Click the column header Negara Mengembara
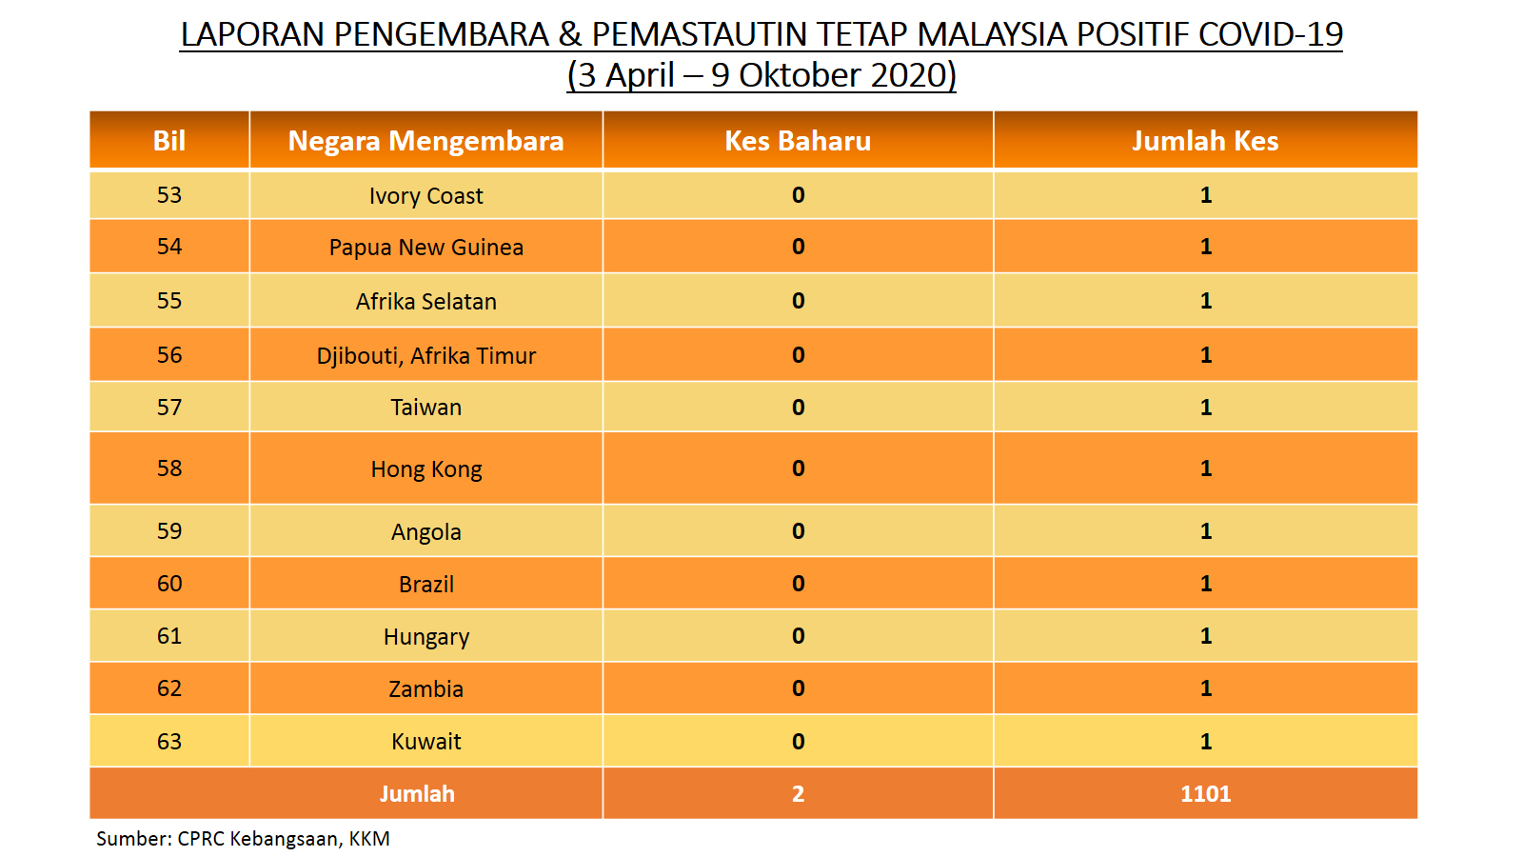point(425,141)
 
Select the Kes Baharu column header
point(798,141)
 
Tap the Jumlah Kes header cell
point(1205,141)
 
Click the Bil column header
point(169,141)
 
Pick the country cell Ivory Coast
point(425,196)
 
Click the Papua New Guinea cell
point(425,247)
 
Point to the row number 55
point(169,301)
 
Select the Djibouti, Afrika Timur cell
point(425,356)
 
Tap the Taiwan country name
point(425,408)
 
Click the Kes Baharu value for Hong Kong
point(799,468)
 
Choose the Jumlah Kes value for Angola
point(1205,530)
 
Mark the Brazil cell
point(425,585)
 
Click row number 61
point(169,636)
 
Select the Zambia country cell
point(425,689)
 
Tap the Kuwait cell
point(425,742)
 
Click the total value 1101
point(1205,794)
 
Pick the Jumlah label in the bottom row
point(417,794)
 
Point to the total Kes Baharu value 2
point(799,794)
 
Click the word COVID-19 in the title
point(1270,34)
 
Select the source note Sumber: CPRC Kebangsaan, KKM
point(243,839)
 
